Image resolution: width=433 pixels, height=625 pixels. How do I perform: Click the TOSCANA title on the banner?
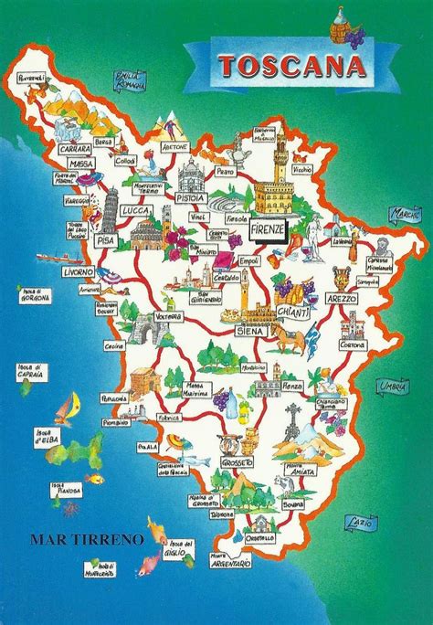pos(281,65)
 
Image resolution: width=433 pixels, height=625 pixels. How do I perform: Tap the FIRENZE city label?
pos(267,229)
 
